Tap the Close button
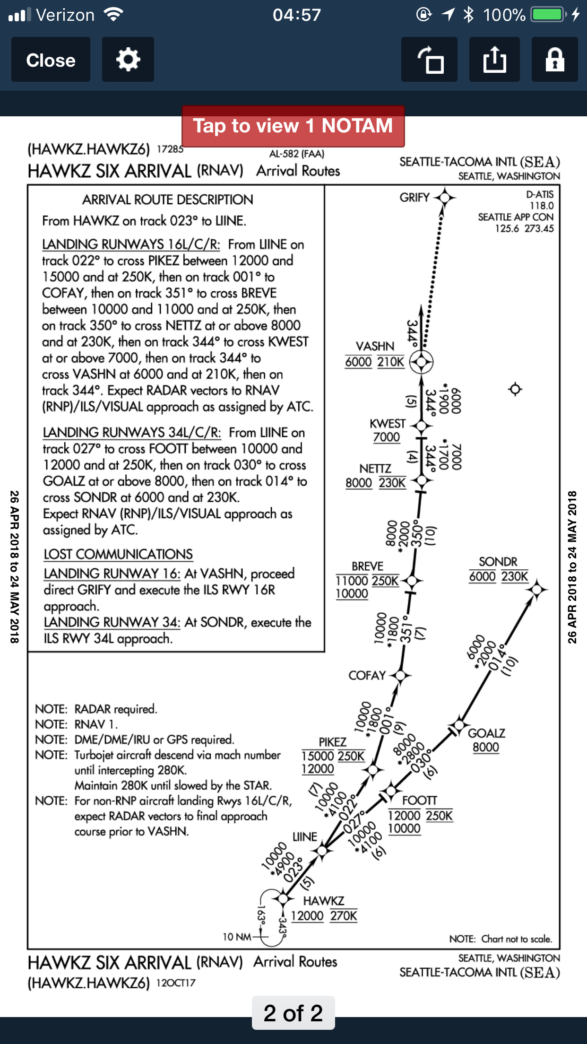click(51, 60)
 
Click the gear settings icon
click(128, 60)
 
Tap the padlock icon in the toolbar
click(554, 60)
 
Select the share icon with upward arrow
click(494, 60)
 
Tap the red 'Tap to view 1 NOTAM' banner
click(293, 126)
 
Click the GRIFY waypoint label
click(414, 197)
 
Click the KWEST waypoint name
click(388, 423)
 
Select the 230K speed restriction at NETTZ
click(392, 483)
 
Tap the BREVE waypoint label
click(367, 566)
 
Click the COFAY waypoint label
click(367, 675)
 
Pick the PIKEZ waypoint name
click(332, 742)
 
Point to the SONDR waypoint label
click(498, 562)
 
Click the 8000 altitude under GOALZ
click(486, 748)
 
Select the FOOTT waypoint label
click(419, 800)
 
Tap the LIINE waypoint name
click(305, 836)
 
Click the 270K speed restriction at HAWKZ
click(344, 916)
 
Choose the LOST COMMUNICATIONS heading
click(118, 554)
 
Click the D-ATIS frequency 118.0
click(541, 206)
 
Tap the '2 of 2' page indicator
click(293, 1013)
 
